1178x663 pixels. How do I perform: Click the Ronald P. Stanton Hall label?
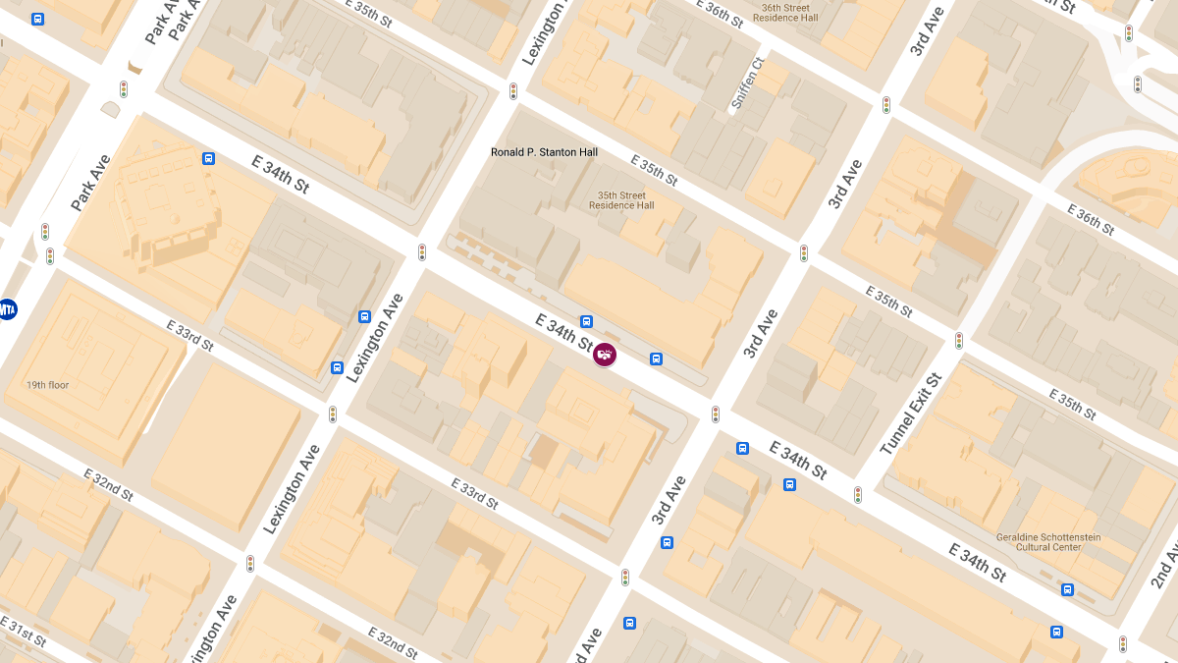coord(544,152)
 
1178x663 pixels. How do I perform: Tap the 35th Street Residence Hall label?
coord(621,200)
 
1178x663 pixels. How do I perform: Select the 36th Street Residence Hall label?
coord(786,13)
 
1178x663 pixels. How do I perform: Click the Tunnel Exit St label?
coord(911,414)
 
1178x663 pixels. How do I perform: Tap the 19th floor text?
coord(48,385)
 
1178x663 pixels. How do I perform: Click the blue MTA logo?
coord(7,309)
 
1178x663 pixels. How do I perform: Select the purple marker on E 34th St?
coord(605,355)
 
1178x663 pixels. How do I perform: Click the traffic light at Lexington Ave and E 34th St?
coord(422,252)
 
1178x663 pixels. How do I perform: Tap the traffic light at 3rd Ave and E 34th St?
coord(716,414)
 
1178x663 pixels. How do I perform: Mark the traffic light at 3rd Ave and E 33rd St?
coord(624,578)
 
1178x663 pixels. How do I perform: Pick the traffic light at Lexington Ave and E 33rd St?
coord(333,414)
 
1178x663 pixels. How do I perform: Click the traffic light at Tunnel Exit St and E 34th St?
coord(857,495)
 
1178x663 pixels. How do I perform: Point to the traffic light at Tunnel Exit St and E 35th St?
coord(959,341)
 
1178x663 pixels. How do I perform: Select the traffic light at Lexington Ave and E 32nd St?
coord(250,564)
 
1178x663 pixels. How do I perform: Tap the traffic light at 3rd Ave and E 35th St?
coord(804,253)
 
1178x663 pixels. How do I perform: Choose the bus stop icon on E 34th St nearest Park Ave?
coord(208,158)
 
